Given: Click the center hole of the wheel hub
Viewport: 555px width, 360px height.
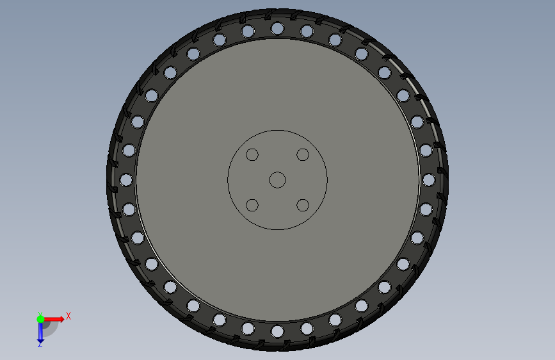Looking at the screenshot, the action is tap(278, 180).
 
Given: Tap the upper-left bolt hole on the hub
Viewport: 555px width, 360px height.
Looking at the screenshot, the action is tap(252, 154).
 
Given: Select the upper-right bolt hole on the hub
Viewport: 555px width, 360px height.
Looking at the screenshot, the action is tap(303, 154).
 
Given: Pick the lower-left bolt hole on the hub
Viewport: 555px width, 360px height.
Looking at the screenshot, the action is tap(252, 205).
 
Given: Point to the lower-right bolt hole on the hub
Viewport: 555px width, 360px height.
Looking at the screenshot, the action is tap(303, 205).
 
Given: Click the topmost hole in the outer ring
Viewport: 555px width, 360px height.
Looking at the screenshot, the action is tap(277, 28).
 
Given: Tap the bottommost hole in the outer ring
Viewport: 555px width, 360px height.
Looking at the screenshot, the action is tap(277, 332).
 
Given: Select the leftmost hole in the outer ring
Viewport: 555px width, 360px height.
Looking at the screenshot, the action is tap(126, 179).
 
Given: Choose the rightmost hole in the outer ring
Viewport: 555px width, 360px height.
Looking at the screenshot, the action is tap(429, 179).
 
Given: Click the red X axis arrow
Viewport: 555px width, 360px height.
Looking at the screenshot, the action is tap(53, 319).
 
